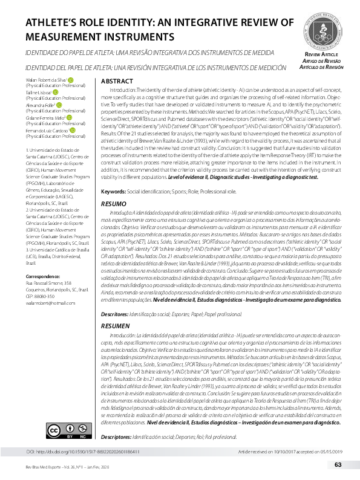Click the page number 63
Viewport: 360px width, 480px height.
(x=338, y=464)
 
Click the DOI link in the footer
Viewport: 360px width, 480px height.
(x=84, y=451)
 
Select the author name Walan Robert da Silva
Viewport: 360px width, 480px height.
(x=46, y=79)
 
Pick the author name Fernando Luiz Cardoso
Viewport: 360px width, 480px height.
(x=47, y=130)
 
